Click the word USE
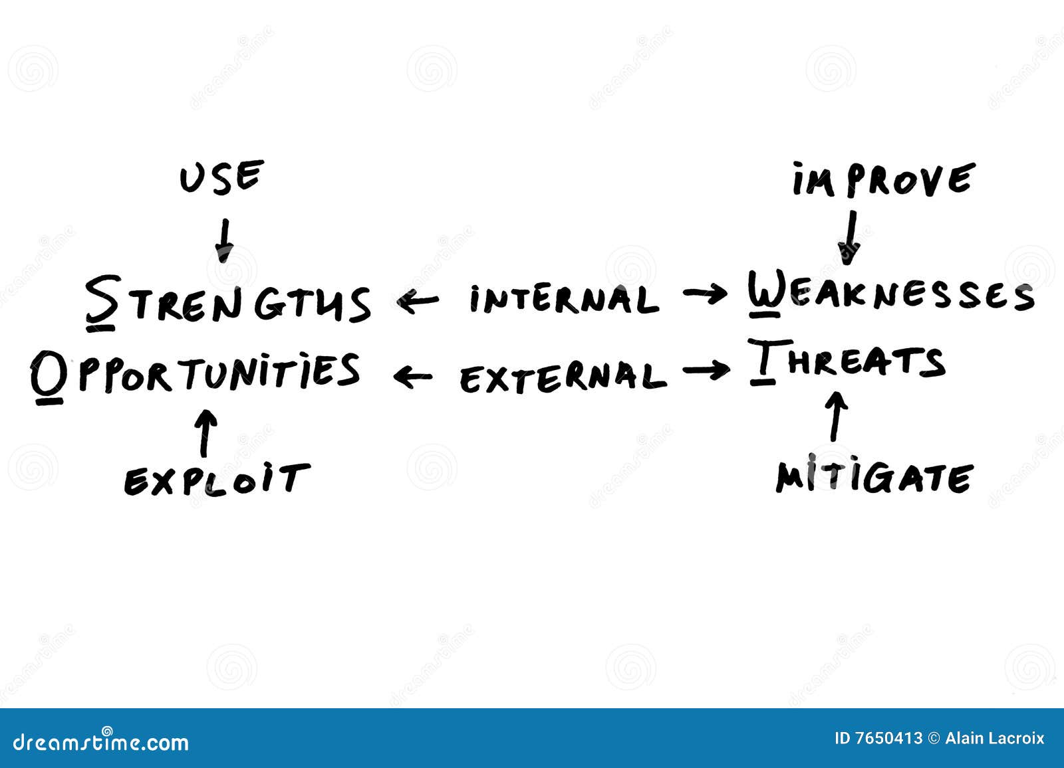[222, 177]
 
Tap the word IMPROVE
[884, 179]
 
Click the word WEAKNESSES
[891, 294]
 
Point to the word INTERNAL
[565, 299]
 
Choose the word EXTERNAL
[563, 377]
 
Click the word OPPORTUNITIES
[196, 377]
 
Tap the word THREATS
[847, 361]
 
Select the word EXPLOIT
[217, 480]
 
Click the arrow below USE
[225, 240]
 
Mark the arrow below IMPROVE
[849, 238]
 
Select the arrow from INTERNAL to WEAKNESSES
[705, 294]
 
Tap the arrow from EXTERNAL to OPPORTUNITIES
[413, 377]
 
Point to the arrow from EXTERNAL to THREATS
[706, 370]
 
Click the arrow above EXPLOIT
[207, 433]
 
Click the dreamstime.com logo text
[100, 742]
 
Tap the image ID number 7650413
[888, 739]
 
